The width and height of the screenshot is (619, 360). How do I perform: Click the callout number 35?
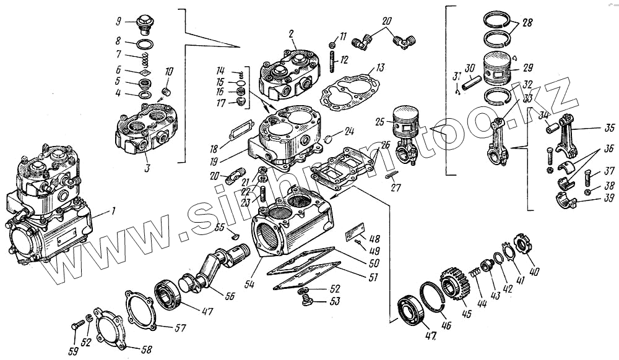610,129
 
